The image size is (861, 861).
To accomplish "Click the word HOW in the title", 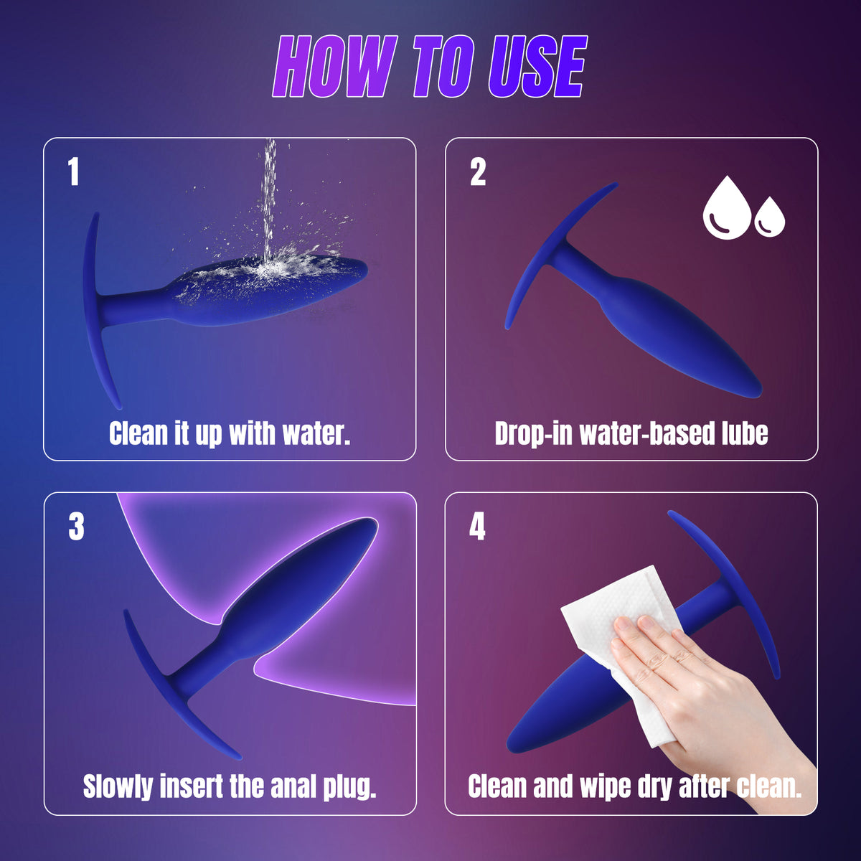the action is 336,67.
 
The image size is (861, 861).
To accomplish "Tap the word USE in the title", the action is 537,67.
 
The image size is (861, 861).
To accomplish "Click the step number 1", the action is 74,171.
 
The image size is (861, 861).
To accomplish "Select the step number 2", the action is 478,171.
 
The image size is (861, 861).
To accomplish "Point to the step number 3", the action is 76,527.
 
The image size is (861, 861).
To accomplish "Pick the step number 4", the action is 477,527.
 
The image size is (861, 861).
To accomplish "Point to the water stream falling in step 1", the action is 268,201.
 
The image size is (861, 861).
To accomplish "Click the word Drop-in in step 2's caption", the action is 535,433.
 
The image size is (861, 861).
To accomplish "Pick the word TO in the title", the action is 443,67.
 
